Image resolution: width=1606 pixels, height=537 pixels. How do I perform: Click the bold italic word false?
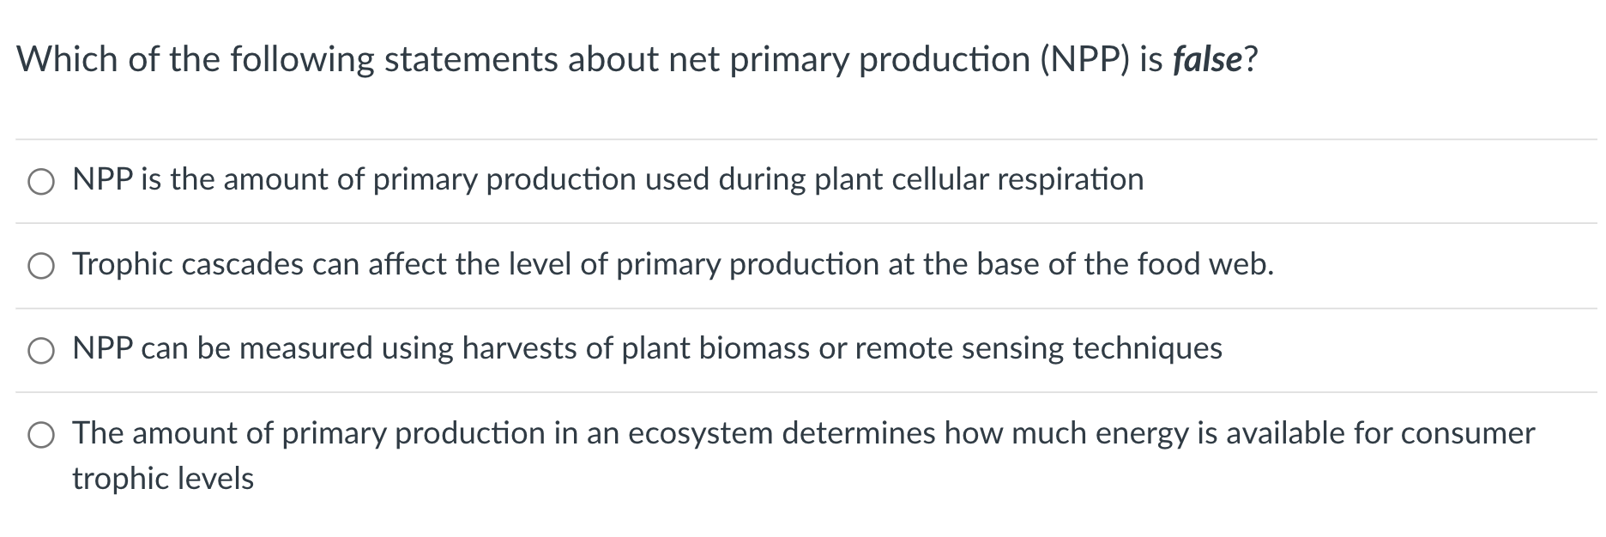[x=1207, y=60]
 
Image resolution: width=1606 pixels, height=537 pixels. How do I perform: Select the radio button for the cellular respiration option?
[x=41, y=182]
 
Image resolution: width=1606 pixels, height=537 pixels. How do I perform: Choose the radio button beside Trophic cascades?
[x=41, y=266]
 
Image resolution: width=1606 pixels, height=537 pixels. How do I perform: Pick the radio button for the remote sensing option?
[x=41, y=351]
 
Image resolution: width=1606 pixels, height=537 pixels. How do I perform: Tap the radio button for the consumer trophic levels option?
[x=41, y=436]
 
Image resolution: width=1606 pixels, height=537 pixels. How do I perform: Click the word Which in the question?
[x=67, y=60]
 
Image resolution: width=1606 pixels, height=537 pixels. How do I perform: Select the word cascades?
[x=242, y=264]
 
